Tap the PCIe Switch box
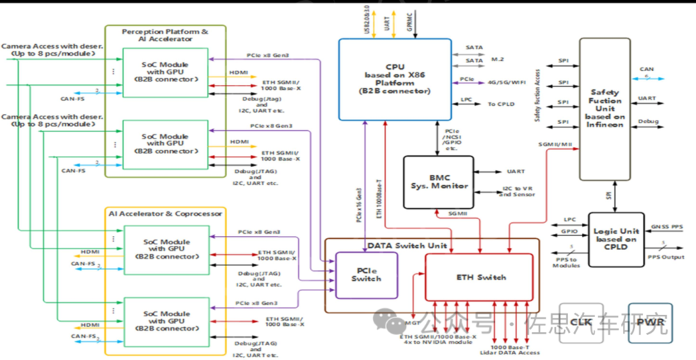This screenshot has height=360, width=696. coord(366,274)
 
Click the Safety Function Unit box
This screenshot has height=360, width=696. coord(606,108)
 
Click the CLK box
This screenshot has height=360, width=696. coord(580,322)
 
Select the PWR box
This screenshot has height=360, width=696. coord(650,322)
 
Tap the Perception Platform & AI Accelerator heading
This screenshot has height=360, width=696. coord(165,36)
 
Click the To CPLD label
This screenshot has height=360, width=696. coord(500,104)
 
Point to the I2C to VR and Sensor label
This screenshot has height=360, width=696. coord(516,191)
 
